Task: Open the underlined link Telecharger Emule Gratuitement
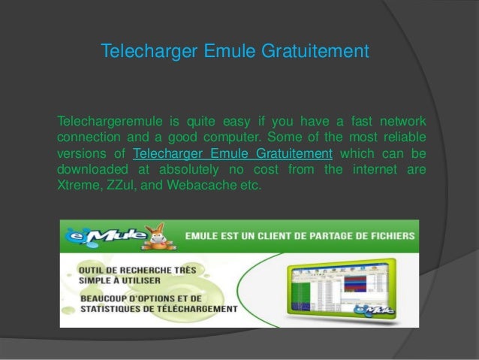232,154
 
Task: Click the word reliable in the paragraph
403,138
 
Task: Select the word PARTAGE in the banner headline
315,235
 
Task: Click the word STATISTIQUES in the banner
121,308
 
